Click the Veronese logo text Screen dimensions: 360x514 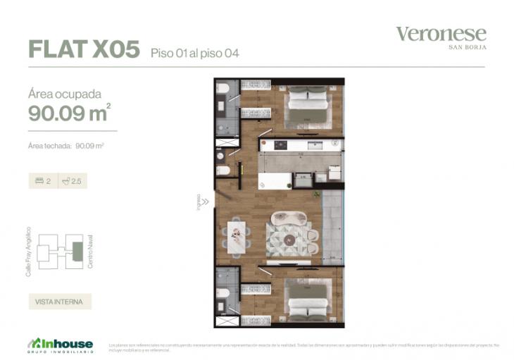[441, 34]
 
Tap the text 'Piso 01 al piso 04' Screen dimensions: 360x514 [195, 53]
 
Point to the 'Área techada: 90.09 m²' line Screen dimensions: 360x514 [66, 147]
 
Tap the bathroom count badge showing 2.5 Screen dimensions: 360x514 [72, 181]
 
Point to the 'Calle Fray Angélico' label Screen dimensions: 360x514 [29, 251]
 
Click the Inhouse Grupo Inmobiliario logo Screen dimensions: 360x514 [60, 345]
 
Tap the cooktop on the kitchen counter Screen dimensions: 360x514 [280, 145]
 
